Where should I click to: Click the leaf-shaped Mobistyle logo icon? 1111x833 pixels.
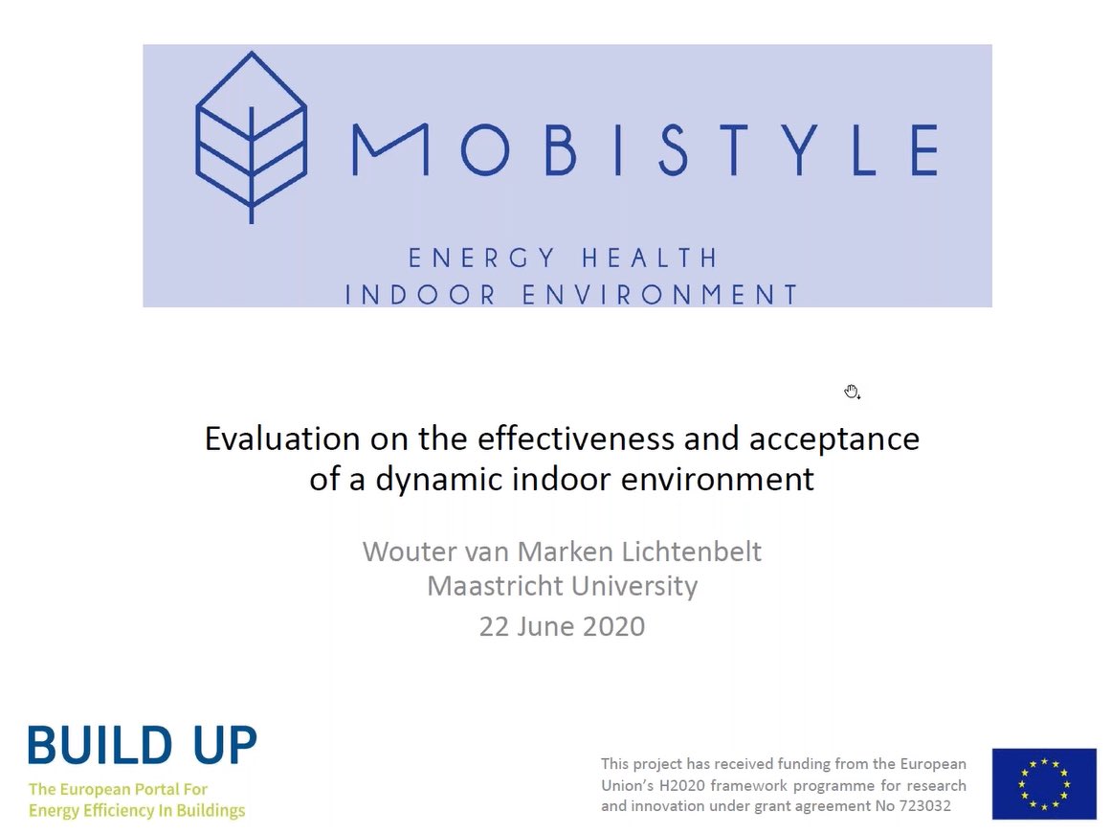pyautogui.click(x=251, y=135)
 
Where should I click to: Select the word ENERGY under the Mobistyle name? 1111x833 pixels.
pyautogui.click(x=482, y=259)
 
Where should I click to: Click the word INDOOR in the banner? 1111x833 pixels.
pyautogui.click(x=421, y=294)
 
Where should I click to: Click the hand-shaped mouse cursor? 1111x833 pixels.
pyautogui.click(x=852, y=391)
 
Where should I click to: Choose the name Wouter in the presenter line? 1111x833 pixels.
pyautogui.click(x=406, y=552)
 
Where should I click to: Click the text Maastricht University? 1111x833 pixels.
pyautogui.click(x=562, y=585)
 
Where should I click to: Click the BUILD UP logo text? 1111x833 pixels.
pyautogui.click(x=143, y=746)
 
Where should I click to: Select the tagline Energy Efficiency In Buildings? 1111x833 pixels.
pyautogui.click(x=137, y=811)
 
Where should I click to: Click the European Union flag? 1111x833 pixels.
pyautogui.click(x=1044, y=783)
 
